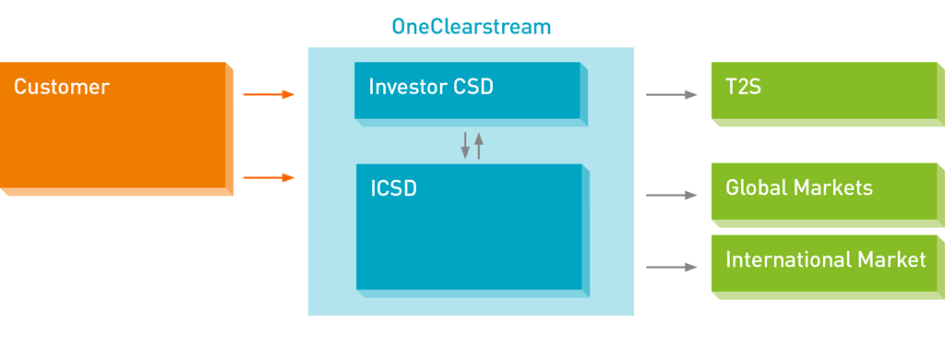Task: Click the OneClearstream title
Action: click(x=472, y=27)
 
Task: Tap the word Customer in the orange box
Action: click(x=62, y=87)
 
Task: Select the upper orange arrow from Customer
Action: click(x=269, y=95)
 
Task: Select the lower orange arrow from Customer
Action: click(x=269, y=177)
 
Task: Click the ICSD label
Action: click(x=393, y=188)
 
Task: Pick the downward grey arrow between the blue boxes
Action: click(x=465, y=145)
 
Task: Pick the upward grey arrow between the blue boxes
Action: click(x=479, y=145)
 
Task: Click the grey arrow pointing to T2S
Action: click(x=672, y=95)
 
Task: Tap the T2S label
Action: click(x=743, y=87)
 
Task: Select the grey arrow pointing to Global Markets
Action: click(x=672, y=196)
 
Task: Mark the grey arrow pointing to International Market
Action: click(x=672, y=267)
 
